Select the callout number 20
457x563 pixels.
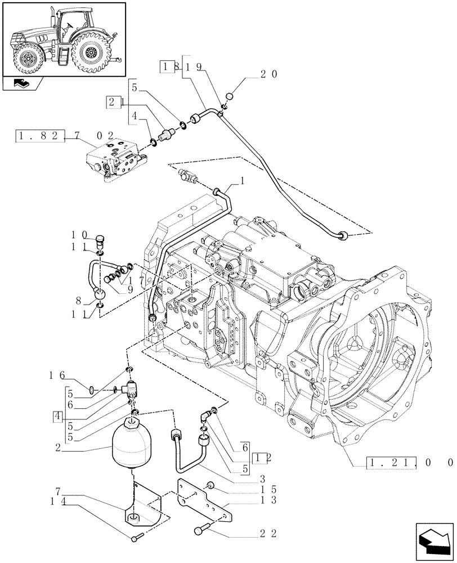tap(267, 74)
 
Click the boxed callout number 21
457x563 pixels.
tap(115, 102)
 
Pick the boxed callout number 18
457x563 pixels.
tap(169, 66)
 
